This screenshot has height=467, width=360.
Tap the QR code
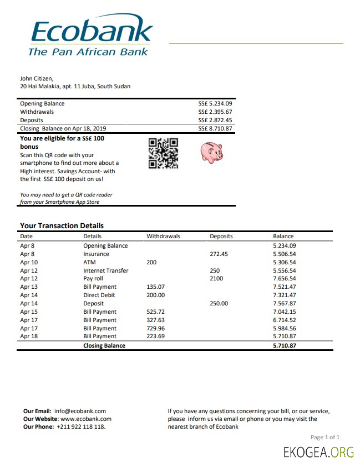[x=163, y=153]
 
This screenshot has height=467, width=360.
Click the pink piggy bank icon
[x=211, y=152]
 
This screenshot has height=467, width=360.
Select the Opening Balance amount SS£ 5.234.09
[x=215, y=103]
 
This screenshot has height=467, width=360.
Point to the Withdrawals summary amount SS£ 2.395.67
[x=215, y=112]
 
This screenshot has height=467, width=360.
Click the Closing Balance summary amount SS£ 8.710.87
[x=215, y=128]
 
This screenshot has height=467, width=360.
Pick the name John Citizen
[x=37, y=78]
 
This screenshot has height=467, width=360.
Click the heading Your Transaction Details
[x=62, y=225]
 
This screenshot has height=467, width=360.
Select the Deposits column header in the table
[x=221, y=236]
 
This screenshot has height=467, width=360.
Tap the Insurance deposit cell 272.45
[x=219, y=254]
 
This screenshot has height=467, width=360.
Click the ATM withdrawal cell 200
[x=151, y=262]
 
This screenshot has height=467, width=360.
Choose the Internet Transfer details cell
[x=105, y=270]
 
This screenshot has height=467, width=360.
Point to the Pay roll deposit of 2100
[x=216, y=278]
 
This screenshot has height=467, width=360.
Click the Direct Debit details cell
[x=99, y=295]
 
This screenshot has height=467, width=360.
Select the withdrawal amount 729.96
[x=155, y=328]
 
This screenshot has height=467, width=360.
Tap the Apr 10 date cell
[x=29, y=262]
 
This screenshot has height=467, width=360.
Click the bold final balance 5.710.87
[x=285, y=345]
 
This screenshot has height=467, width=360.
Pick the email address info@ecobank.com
[x=80, y=411]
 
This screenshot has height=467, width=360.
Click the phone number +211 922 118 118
[x=81, y=426]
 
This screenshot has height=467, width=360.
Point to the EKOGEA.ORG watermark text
[x=318, y=452]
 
